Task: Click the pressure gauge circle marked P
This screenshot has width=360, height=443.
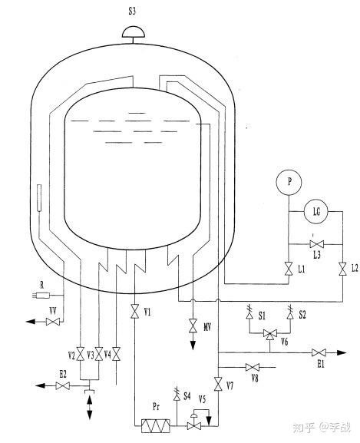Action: (289, 182)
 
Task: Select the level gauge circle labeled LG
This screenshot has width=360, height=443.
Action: (316, 211)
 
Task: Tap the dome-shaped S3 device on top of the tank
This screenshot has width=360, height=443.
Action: (134, 32)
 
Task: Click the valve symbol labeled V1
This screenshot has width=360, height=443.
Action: (134, 311)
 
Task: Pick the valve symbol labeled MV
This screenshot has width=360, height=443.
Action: (193, 326)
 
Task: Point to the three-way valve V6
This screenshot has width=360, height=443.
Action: (270, 334)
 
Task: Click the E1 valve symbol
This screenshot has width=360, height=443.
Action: (319, 352)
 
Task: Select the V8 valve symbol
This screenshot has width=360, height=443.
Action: (252, 367)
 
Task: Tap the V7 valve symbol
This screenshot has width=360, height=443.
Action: (218, 384)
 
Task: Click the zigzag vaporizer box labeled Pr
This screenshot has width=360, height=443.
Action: (156, 426)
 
